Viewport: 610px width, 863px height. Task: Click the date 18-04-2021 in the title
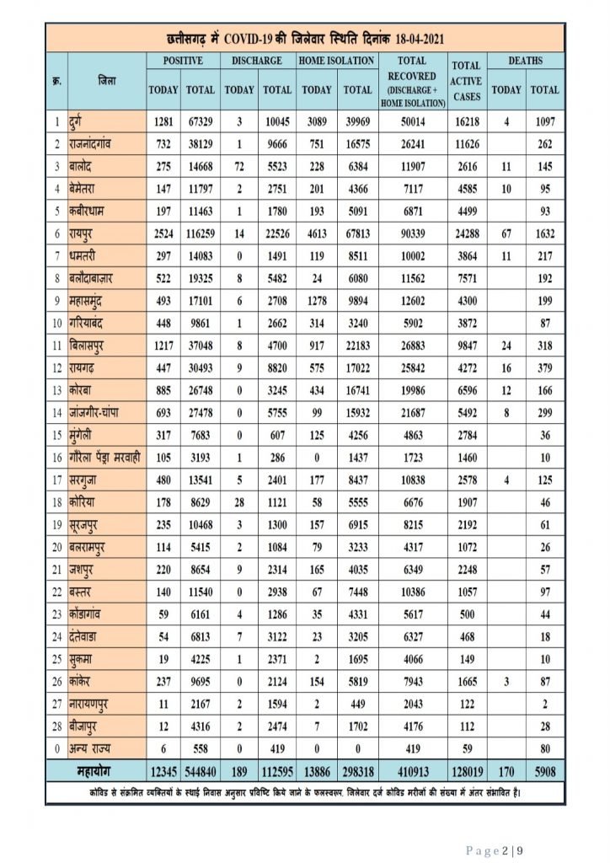coord(410,39)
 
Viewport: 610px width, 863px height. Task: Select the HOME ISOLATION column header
coord(336,61)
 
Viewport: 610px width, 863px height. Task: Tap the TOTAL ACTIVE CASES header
coord(465,81)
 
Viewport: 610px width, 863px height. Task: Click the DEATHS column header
coord(525,61)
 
